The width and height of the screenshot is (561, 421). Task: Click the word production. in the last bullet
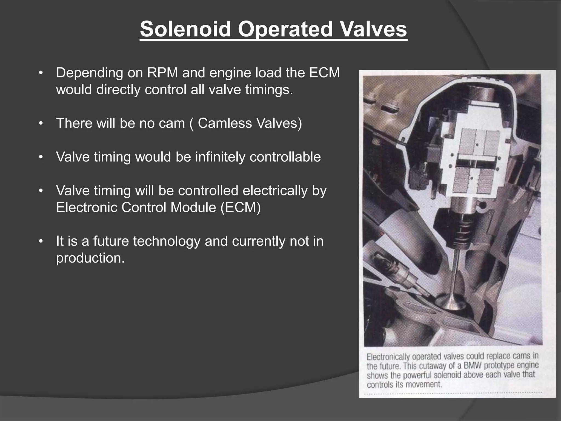[90, 258]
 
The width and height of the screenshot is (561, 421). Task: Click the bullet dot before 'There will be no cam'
[41, 123]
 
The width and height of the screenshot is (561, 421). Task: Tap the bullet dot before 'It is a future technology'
[41, 241]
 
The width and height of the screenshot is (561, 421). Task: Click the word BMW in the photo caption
[473, 366]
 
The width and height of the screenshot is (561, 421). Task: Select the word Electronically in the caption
[388, 357]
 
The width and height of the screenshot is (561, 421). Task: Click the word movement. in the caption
[424, 384]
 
